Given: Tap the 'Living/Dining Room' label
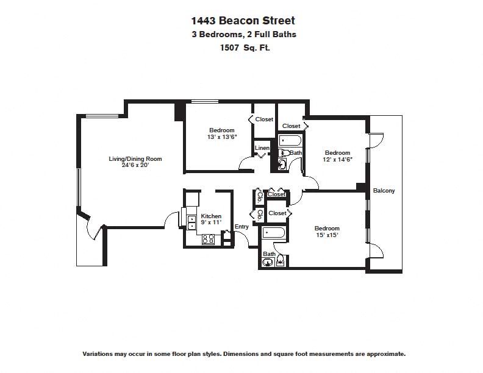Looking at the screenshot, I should pyautogui.click(x=135, y=159).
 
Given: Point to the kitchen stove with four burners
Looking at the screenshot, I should pyautogui.click(x=209, y=240).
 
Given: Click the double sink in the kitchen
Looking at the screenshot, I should pyautogui.click(x=191, y=222).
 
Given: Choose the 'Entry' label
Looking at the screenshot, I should pyautogui.click(x=241, y=227).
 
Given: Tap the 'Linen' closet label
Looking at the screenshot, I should pyautogui.click(x=262, y=148).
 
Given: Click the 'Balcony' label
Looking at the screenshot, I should pyautogui.click(x=384, y=191).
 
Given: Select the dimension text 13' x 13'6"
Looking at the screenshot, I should pyautogui.click(x=221, y=137).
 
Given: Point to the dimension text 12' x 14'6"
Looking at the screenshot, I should pyautogui.click(x=337, y=160).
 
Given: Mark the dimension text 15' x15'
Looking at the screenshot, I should pyautogui.click(x=327, y=235).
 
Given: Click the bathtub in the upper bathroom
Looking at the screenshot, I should pyautogui.click(x=290, y=141).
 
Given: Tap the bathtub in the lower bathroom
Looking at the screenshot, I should pyautogui.click(x=274, y=233).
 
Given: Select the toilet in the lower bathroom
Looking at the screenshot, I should pyautogui.click(x=280, y=261).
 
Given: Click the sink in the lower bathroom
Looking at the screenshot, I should pyautogui.click(x=267, y=263).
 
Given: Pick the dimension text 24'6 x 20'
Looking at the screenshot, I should pyautogui.click(x=135, y=166).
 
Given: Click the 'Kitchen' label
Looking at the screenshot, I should pyautogui.click(x=211, y=216).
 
